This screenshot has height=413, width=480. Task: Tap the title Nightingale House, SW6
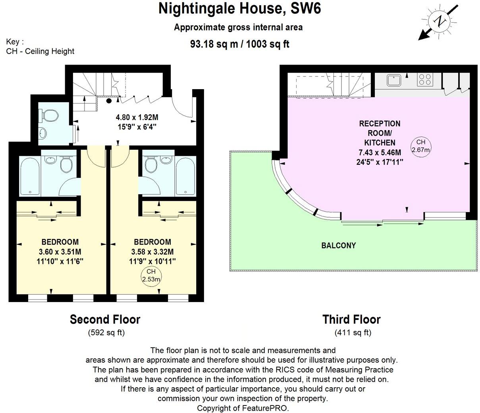[x=239, y=9]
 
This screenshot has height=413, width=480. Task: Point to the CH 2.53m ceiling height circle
[x=151, y=275]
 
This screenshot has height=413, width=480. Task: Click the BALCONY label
[x=338, y=245]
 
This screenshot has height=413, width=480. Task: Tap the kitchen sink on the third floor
[x=395, y=80]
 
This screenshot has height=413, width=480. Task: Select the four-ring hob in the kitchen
[x=424, y=80]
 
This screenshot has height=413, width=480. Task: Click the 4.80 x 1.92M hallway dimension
[x=136, y=117]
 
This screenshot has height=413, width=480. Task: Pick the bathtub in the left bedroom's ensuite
[x=30, y=176]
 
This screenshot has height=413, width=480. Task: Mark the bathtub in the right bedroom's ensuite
[x=185, y=176]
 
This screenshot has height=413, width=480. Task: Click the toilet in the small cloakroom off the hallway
[x=50, y=116]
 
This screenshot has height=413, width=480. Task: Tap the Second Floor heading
[x=105, y=319]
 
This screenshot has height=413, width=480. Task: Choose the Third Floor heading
[x=351, y=319]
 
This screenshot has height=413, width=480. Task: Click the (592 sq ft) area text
[x=106, y=333]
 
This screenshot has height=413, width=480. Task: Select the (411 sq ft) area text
[x=353, y=333]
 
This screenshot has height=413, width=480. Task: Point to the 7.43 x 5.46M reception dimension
[x=380, y=152]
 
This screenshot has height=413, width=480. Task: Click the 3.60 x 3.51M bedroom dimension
[x=60, y=252]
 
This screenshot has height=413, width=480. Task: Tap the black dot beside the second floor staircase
[x=109, y=100]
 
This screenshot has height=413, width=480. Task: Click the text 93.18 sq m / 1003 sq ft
[x=239, y=44]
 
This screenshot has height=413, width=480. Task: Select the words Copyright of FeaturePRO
[x=243, y=408]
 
